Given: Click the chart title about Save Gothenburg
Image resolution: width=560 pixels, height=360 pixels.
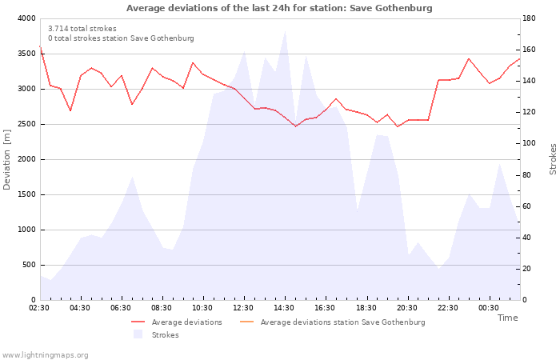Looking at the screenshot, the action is pyautogui.click(x=279, y=8).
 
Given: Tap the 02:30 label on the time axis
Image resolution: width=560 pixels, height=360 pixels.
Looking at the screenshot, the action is pyautogui.click(x=39, y=308).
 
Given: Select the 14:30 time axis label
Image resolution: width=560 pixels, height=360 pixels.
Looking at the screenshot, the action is pyautogui.click(x=284, y=308).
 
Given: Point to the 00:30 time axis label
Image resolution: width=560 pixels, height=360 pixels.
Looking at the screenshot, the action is pyautogui.click(x=489, y=308).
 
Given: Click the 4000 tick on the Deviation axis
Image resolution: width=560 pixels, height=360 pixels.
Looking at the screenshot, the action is pyautogui.click(x=26, y=18).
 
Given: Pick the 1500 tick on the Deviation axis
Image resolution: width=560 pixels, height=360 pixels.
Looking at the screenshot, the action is pyautogui.click(x=26, y=194).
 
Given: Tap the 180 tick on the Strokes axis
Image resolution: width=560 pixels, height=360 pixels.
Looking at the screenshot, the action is pyautogui.click(x=529, y=18).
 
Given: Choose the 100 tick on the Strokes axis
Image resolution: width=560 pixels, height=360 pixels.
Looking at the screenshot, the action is pyautogui.click(x=529, y=143).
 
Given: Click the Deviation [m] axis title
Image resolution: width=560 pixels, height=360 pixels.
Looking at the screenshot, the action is pyautogui.click(x=6, y=159).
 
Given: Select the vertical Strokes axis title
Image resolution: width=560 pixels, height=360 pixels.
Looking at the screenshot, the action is pyautogui.click(x=553, y=159).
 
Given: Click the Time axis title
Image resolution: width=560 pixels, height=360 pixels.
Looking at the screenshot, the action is pyautogui.click(x=508, y=318).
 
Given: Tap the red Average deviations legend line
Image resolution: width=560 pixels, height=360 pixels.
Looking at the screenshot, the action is pyautogui.click(x=138, y=322).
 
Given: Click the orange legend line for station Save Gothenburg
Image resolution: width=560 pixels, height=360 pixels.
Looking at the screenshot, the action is pyautogui.click(x=246, y=322).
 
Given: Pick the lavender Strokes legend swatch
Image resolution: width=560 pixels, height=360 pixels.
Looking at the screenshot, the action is pyautogui.click(x=138, y=334).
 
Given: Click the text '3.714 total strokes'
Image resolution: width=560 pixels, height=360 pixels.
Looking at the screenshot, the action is pyautogui.click(x=82, y=29).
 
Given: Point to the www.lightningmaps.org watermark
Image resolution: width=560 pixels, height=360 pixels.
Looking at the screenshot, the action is pyautogui.click(x=45, y=355).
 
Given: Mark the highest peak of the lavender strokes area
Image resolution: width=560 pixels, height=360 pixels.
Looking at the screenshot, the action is pyautogui.click(x=285, y=30).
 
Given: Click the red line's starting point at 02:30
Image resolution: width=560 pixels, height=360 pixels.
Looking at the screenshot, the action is pyautogui.click(x=40, y=46).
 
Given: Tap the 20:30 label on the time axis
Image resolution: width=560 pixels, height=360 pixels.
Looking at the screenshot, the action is pyautogui.click(x=406, y=308).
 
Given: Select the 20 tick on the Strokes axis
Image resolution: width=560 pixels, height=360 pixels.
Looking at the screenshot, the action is pyautogui.click(x=526, y=269).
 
